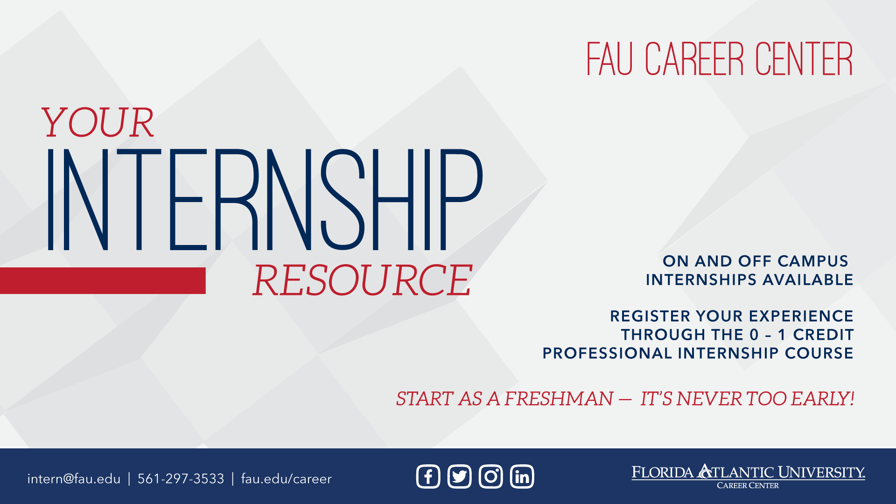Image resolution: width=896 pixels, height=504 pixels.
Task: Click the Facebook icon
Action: pos(428,476)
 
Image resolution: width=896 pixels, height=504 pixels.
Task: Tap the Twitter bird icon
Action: pos(459,476)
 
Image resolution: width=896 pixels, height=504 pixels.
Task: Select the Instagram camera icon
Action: pos(490,476)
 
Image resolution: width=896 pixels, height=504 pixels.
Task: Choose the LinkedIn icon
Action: pos(522,476)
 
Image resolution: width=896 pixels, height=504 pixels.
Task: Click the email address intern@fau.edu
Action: pos(74,479)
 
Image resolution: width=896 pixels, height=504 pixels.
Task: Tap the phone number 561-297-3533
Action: pos(181,479)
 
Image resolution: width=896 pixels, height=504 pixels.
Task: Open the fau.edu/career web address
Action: pos(287,479)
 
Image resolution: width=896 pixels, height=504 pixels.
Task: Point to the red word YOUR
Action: pos(97,122)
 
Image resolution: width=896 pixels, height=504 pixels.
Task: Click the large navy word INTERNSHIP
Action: pos(265,200)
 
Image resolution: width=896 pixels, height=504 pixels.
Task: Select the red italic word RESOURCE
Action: pos(363,280)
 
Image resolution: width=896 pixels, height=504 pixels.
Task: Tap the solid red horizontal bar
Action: pos(103,280)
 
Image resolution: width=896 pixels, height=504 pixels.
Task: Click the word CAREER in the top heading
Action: pos(694,59)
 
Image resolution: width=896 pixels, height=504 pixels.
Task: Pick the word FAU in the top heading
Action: pos(609,59)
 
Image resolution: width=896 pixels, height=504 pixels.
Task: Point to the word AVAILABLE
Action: pos(808,280)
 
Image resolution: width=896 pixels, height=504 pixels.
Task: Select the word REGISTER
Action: pos(651,316)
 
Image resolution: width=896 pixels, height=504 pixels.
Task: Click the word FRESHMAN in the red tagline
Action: pos(559,399)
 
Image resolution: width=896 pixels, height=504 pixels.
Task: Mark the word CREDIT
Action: pos(823,335)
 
